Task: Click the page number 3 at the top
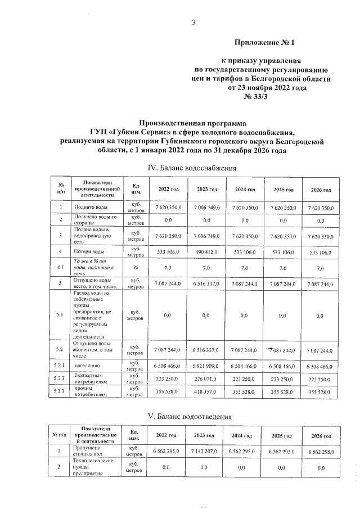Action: pos(193,23)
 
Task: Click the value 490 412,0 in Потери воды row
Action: pos(208,251)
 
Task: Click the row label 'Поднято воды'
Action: pos(88,208)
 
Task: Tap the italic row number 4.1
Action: pos(59,268)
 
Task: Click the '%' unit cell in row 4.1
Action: pos(136,268)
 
